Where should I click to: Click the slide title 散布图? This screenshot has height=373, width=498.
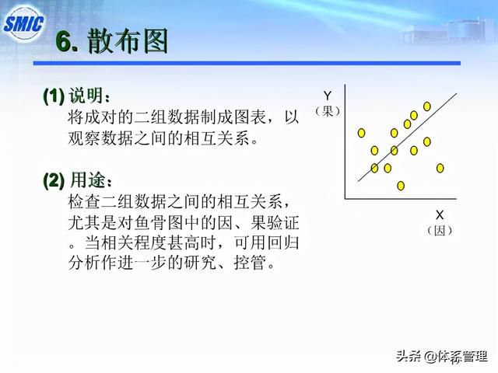point(128,41)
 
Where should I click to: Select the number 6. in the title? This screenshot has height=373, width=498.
point(67,41)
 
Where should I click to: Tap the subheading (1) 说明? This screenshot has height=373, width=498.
point(76,95)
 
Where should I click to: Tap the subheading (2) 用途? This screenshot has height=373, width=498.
point(78,180)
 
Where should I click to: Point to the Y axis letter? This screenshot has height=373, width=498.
point(327,96)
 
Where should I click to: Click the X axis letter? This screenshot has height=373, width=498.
point(440,215)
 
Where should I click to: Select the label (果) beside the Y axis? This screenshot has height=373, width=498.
point(328,111)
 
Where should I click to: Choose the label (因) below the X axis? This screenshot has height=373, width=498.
point(440,231)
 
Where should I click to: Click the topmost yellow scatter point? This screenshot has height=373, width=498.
point(427,106)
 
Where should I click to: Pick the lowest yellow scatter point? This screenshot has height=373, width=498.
point(401,186)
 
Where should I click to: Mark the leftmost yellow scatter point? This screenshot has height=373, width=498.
point(361,133)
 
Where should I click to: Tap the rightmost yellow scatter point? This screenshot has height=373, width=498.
point(440,168)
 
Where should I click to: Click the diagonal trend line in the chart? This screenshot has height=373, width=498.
point(407,138)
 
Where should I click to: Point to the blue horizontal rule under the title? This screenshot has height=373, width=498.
point(247,64)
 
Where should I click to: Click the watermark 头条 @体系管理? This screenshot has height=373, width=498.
point(441,357)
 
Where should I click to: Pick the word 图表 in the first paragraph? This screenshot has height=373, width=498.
point(250,117)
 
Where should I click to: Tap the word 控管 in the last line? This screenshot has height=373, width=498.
point(250,263)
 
